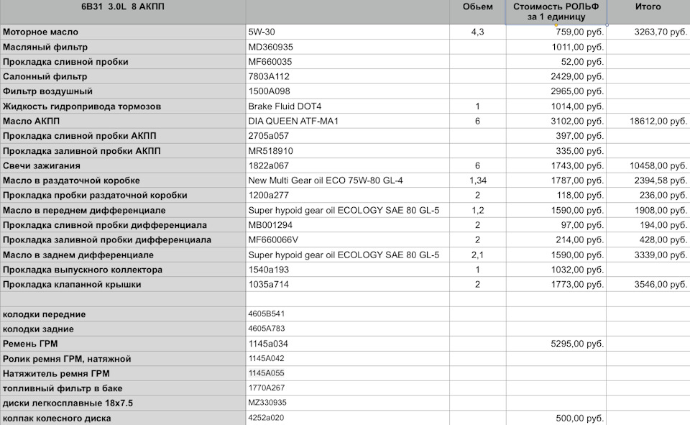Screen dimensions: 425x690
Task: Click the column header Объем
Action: tap(477, 7)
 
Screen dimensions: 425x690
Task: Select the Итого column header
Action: tap(648, 7)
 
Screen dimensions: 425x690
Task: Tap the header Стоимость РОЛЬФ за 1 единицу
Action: tap(556, 12)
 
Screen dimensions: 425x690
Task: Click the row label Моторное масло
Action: tap(41, 32)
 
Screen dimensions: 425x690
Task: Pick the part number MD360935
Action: tap(271, 47)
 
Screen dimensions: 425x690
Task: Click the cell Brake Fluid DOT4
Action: tap(285, 106)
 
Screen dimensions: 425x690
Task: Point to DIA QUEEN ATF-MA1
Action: tap(293, 121)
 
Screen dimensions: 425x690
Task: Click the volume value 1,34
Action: tap(477, 180)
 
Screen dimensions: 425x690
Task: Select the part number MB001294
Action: tap(270, 225)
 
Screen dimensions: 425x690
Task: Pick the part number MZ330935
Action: tap(267, 403)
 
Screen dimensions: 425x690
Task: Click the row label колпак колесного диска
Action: tap(57, 418)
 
